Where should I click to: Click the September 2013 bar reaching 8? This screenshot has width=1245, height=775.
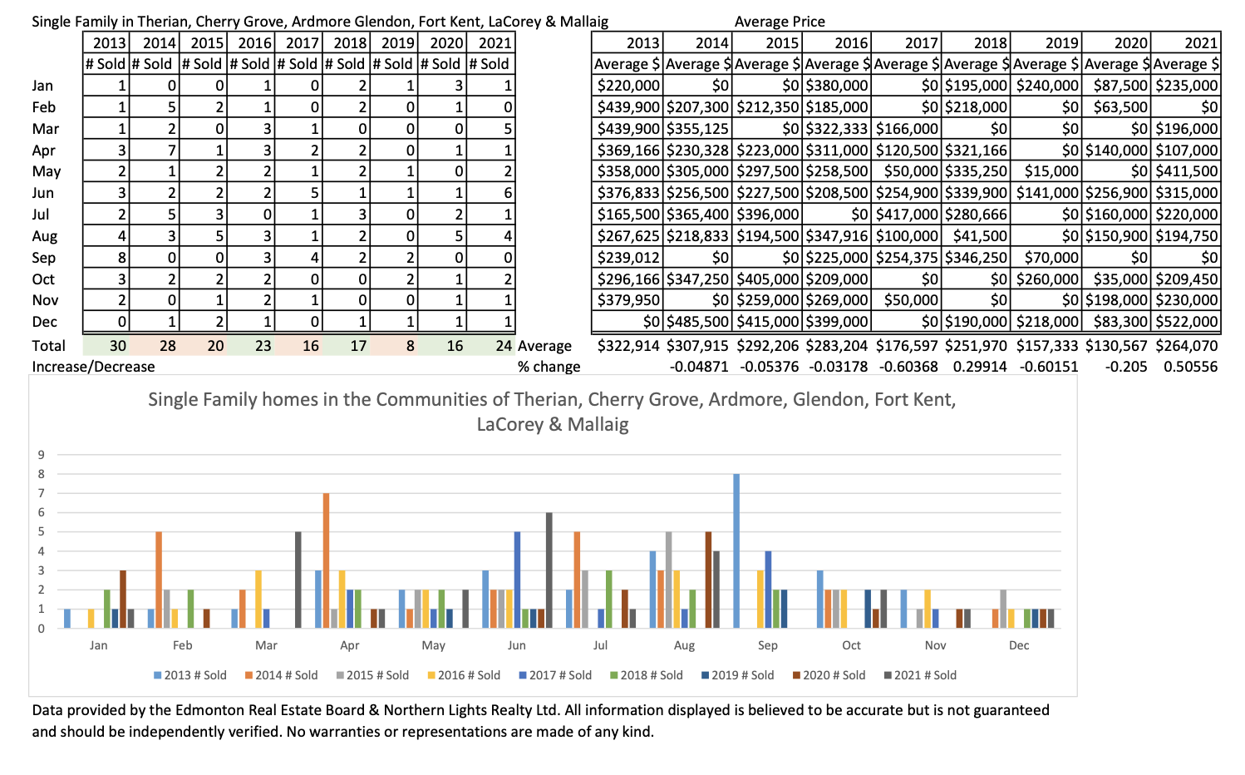(x=736, y=551)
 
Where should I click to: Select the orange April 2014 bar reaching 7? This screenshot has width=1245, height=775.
(x=326, y=560)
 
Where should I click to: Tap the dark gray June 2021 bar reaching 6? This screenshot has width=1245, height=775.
(x=549, y=570)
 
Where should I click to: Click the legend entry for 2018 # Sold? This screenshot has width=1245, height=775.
(x=647, y=675)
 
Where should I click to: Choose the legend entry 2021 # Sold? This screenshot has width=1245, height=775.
(x=920, y=675)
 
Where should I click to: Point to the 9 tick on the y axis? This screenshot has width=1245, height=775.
(x=41, y=455)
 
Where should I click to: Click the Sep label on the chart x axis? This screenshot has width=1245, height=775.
(x=768, y=645)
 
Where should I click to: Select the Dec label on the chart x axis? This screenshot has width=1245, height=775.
(x=1019, y=645)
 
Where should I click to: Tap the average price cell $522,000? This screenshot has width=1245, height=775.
(x=1186, y=321)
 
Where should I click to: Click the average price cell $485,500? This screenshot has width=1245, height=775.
(x=697, y=321)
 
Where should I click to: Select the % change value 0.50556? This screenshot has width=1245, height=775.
(x=1190, y=367)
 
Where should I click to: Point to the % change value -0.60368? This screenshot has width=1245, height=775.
(x=907, y=367)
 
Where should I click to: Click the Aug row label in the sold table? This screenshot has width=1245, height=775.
(x=45, y=236)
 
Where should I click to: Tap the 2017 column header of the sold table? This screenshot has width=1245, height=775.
(x=299, y=42)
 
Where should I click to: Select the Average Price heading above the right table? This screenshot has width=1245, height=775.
(x=780, y=22)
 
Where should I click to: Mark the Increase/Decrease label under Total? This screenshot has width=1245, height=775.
(x=93, y=367)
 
